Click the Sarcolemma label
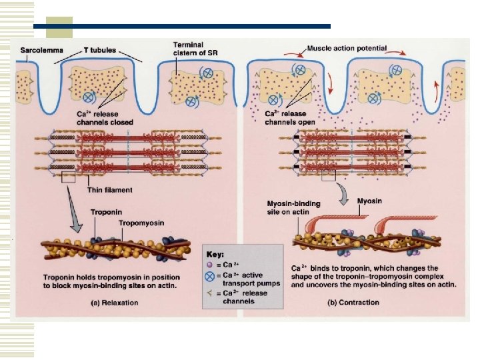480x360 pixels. click(38, 49)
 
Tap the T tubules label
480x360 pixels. click(99, 49)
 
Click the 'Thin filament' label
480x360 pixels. click(110, 189)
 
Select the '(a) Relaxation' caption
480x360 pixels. click(115, 302)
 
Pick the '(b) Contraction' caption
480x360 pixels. click(353, 302)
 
